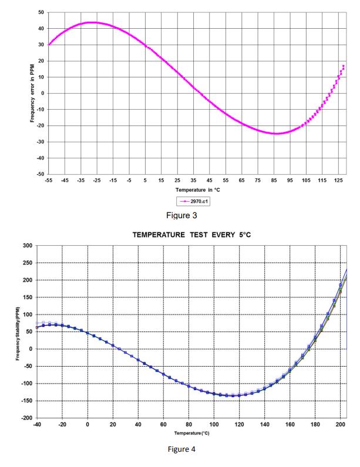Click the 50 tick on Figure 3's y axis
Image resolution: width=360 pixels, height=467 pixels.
[x=41, y=12]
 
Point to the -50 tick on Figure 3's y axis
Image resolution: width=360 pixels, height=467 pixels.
[x=39, y=174]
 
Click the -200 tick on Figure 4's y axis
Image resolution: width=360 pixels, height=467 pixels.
[x=25, y=418]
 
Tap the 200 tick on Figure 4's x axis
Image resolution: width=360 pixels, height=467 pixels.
[x=341, y=424]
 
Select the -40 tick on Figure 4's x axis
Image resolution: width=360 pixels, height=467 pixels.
[x=37, y=424]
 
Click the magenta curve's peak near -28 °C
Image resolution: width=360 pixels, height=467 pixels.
[x=92, y=22]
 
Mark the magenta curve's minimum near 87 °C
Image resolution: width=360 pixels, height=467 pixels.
[x=277, y=134]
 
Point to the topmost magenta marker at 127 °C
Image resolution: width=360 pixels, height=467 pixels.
[x=343, y=66]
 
